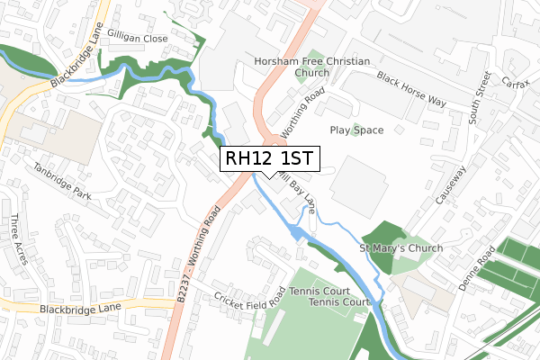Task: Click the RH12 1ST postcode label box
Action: pos(268,159)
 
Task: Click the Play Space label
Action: pos(356,130)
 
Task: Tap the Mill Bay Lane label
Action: pos(298,193)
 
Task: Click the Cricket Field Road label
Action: pos(250,299)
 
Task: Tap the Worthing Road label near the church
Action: pos(302,113)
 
